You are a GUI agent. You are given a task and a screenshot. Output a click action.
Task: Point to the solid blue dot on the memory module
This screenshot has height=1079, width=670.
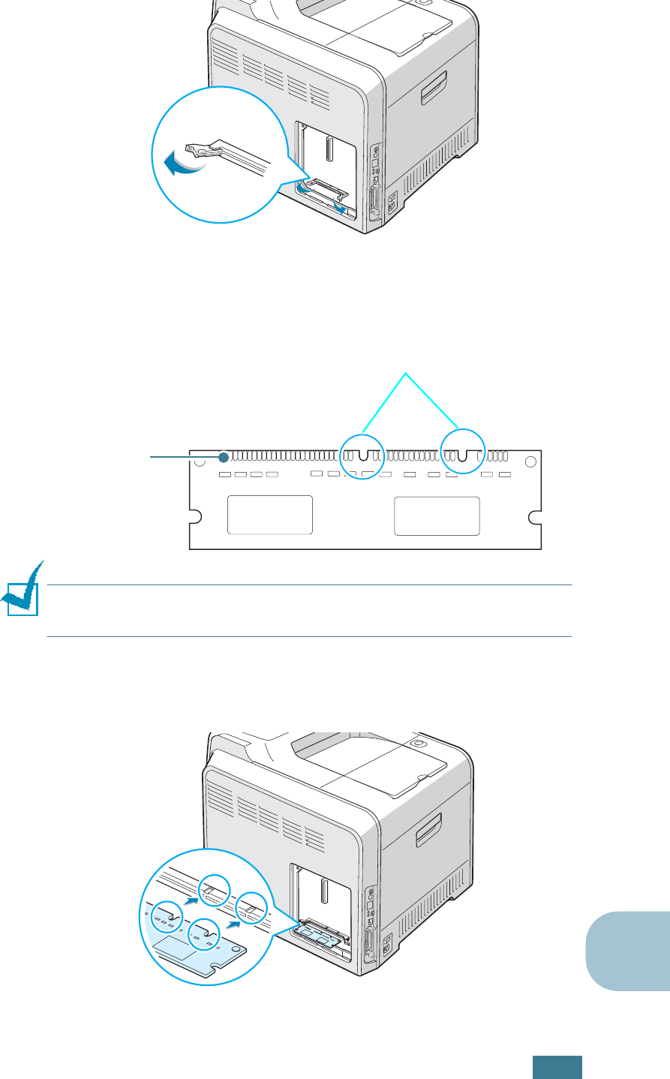click(x=224, y=458)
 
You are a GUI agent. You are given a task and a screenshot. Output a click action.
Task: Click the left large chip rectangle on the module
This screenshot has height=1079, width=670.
click(x=270, y=515)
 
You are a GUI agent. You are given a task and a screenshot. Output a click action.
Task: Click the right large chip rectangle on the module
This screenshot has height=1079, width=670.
click(x=437, y=515)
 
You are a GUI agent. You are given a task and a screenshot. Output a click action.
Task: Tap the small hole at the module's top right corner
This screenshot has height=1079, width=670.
click(x=530, y=461)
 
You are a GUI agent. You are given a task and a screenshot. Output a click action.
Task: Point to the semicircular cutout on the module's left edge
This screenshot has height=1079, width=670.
click(x=194, y=516)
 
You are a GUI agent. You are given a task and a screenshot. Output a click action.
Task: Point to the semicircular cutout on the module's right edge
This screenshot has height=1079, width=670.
click(x=536, y=516)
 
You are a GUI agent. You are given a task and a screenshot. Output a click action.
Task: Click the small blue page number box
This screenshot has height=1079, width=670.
click(x=557, y=1067)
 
